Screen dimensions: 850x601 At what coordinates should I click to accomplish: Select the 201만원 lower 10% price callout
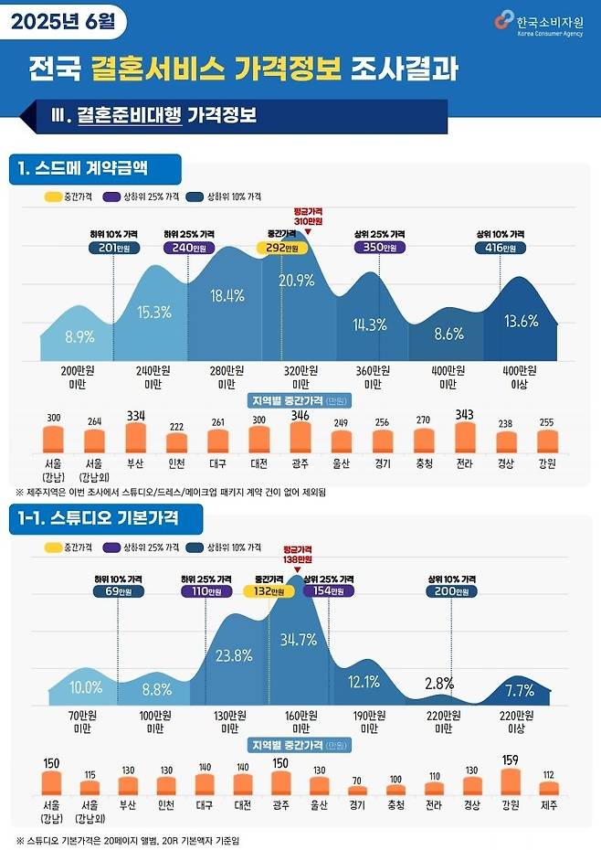[114, 248]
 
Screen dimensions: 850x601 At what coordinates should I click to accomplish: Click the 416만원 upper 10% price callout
[501, 248]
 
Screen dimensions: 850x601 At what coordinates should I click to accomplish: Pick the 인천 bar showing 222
[176, 443]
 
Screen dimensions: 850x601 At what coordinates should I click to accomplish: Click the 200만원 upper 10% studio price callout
[450, 591]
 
